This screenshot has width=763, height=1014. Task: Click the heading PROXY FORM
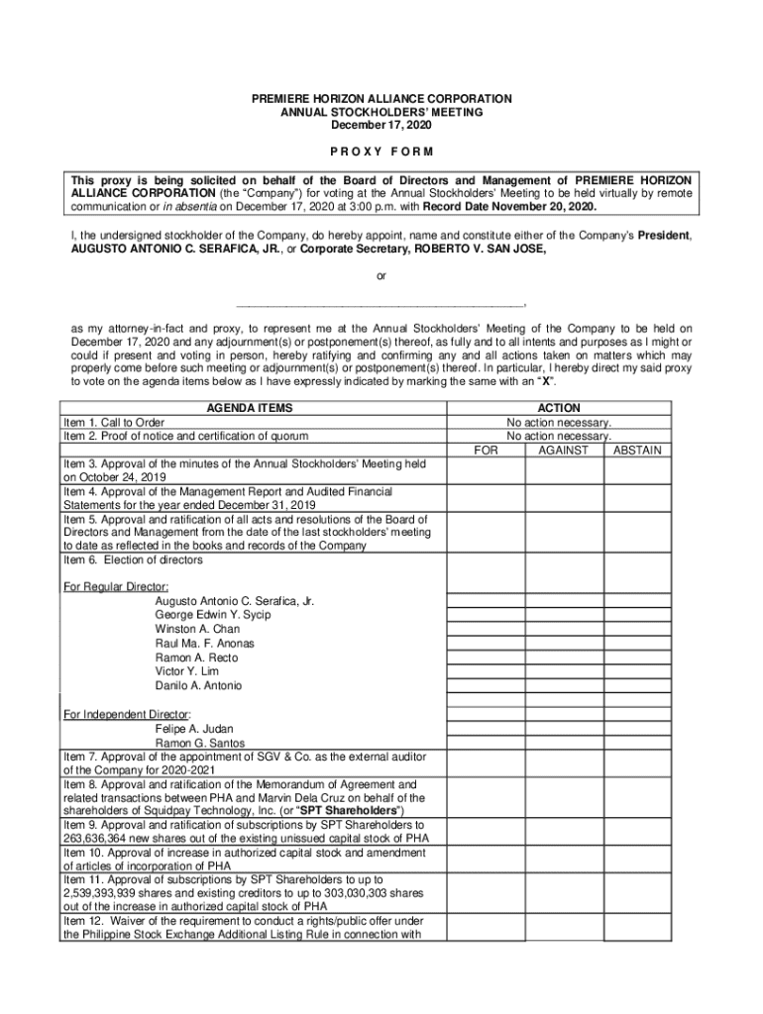point(381,152)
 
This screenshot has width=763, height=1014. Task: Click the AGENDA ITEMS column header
point(249,408)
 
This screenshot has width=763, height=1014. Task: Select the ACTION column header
point(559,408)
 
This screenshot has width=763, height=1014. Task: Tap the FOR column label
point(486,450)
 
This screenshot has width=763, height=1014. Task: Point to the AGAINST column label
point(563,450)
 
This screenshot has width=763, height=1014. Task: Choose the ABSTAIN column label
point(637,450)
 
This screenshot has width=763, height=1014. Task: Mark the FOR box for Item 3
point(486,469)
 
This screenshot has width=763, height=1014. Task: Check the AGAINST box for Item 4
point(563,498)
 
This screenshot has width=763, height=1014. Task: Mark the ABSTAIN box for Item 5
point(637,533)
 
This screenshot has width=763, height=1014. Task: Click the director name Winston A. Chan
point(197,629)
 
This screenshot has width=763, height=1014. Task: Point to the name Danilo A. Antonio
point(198,685)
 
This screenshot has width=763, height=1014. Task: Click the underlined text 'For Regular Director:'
point(109,586)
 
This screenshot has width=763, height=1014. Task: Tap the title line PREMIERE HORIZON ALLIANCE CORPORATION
point(381,99)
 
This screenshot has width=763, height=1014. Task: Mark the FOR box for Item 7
point(486,763)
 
